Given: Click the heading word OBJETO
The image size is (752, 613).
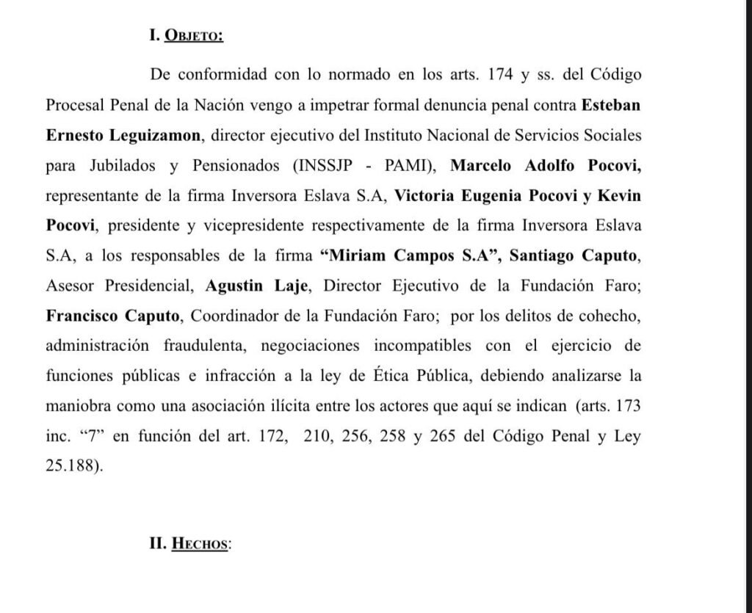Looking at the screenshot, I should tap(195, 37).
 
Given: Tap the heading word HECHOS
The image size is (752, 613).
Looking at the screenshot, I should tap(200, 545).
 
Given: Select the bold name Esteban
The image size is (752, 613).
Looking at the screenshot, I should tap(611, 106).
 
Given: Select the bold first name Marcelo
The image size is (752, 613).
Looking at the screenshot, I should tap(482, 167).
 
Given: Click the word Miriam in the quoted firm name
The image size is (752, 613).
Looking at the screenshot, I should tap(358, 257).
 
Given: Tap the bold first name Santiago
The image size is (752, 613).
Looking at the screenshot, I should tap(543, 257).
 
